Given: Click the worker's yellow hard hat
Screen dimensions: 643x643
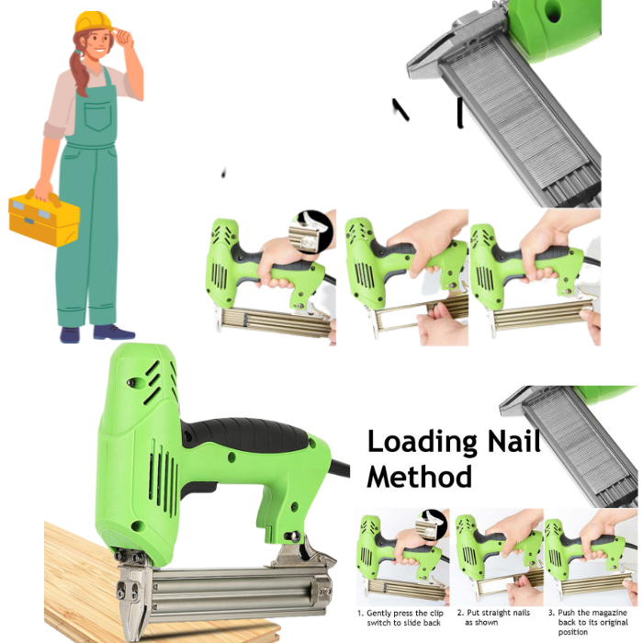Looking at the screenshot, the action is click(x=94, y=21).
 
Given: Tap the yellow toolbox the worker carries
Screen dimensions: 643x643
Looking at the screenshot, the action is click(x=44, y=218).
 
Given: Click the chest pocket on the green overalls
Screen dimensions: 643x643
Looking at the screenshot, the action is click(x=98, y=116).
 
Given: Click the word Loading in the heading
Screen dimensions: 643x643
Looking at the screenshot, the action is click(x=423, y=443).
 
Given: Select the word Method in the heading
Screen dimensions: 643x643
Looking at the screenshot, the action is click(x=419, y=477).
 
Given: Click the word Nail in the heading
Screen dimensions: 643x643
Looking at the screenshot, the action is click(x=514, y=441).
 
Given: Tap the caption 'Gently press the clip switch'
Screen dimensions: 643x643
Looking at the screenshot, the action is click(x=401, y=618).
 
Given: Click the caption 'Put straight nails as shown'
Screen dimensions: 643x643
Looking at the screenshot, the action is click(x=494, y=617).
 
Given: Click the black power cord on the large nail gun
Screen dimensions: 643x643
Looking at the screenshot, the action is click(x=339, y=468).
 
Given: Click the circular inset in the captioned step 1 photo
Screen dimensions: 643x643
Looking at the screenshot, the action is click(x=431, y=525).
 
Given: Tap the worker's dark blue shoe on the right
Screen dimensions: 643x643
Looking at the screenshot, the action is click(x=114, y=333).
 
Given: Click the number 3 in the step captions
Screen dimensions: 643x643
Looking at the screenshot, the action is click(x=551, y=613).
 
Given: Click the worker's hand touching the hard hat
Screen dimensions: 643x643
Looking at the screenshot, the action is click(x=123, y=36).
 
